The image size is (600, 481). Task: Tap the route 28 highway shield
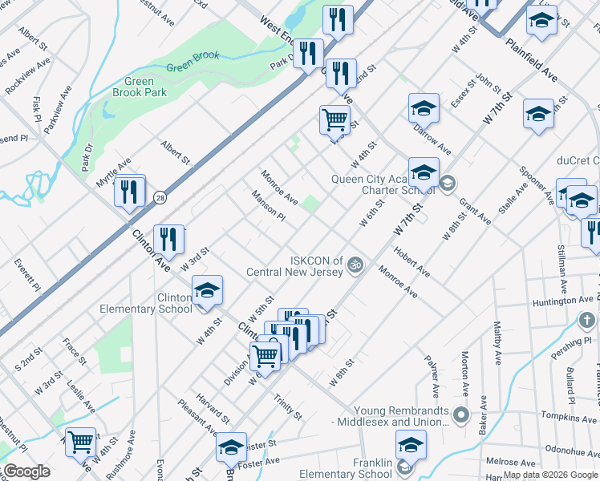160,196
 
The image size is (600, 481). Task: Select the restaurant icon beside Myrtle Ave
128,192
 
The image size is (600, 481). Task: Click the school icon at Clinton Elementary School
207,292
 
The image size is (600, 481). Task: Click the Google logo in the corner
26,471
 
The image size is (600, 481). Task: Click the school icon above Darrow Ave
424,108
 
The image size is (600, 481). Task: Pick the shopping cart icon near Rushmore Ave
80,442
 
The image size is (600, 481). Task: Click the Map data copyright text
549,475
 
